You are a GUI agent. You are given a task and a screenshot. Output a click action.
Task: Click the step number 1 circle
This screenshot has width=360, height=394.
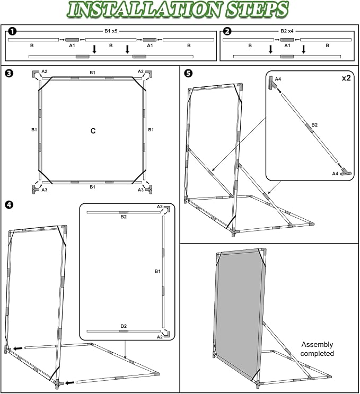[12, 31]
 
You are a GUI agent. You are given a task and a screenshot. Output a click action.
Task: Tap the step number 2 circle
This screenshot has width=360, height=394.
[227, 31]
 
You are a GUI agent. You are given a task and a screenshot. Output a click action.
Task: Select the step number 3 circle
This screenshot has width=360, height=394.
[9, 74]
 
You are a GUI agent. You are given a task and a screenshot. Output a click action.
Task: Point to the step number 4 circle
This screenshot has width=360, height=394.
[9, 205]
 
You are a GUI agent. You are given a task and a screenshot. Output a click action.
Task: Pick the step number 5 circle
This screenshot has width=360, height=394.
[188, 74]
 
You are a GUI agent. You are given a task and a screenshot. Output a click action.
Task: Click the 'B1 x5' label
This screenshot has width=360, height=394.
[111, 31]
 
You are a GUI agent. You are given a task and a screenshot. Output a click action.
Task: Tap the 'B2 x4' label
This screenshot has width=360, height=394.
[287, 31]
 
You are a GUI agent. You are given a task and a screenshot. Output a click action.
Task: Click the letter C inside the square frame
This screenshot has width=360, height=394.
[93, 131]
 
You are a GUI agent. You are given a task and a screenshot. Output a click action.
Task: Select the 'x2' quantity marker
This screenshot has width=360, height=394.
[346, 78]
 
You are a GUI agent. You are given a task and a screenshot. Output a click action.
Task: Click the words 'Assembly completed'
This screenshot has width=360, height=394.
[317, 349]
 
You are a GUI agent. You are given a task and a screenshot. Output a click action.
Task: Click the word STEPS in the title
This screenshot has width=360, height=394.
[257, 10]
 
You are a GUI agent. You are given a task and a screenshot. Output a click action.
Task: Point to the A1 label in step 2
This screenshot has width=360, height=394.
[287, 46]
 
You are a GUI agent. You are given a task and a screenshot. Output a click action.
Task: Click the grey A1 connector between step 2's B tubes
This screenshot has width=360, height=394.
[287, 40]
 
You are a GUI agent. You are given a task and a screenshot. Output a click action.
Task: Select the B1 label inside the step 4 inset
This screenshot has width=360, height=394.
[157, 271]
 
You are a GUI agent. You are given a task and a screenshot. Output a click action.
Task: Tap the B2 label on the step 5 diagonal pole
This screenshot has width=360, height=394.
[314, 125]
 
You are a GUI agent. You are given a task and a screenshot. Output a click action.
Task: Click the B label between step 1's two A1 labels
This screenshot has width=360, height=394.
[111, 46]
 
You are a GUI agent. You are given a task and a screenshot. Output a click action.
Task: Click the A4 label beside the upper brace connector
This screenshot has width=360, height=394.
[278, 79]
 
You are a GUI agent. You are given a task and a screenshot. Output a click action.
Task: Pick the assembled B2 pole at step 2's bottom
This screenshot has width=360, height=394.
[287, 57]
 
